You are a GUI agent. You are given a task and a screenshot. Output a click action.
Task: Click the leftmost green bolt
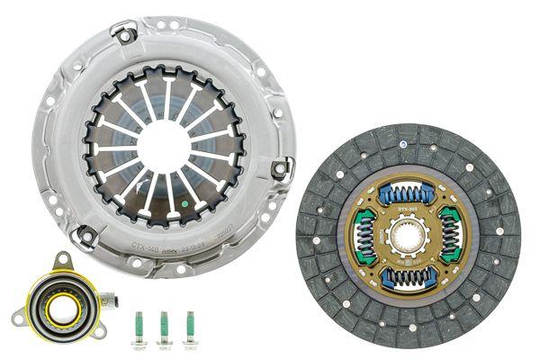[140, 326]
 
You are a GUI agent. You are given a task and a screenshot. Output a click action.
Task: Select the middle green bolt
[165, 326]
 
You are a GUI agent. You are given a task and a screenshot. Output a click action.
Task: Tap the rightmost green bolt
[189, 326]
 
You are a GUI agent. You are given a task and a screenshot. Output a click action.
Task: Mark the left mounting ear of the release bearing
[18, 315]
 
